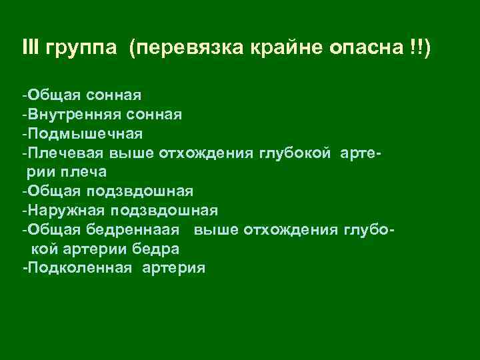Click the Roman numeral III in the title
click(30, 48)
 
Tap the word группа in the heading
click(83, 49)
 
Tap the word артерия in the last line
click(175, 268)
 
